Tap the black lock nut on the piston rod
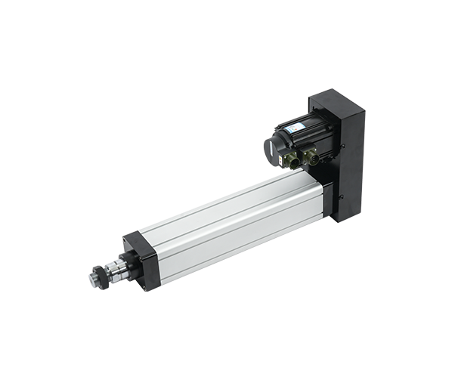[x=101, y=277]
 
